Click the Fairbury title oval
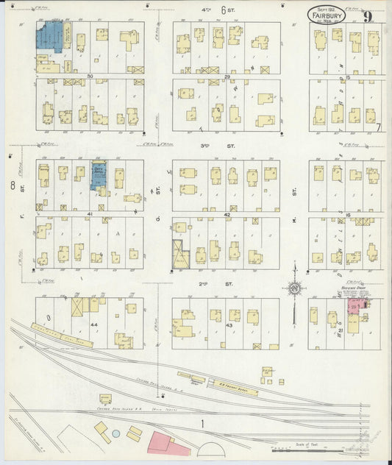[324, 13]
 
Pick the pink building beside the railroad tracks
[169, 441]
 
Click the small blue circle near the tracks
[115, 426]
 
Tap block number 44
[94, 324]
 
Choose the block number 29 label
[227, 77]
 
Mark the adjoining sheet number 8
[13, 185]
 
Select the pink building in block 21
[353, 308]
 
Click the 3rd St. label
[227, 146]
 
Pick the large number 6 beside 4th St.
[223, 10]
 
